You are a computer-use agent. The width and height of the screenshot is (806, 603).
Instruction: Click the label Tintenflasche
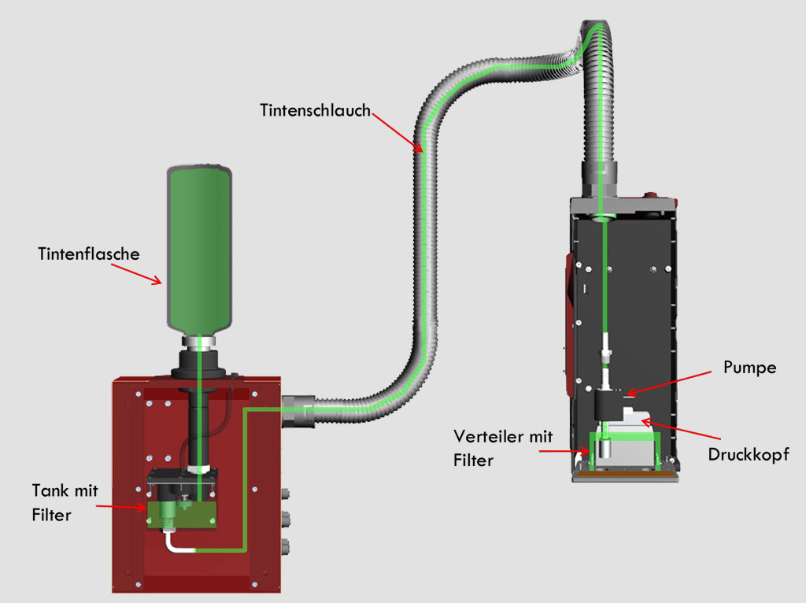click(x=88, y=254)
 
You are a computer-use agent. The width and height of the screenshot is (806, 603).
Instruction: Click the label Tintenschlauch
click(x=315, y=110)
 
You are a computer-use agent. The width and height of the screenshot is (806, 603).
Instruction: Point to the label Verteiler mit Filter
click(x=504, y=448)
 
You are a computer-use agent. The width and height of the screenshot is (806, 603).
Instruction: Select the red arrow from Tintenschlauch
click(x=397, y=131)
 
